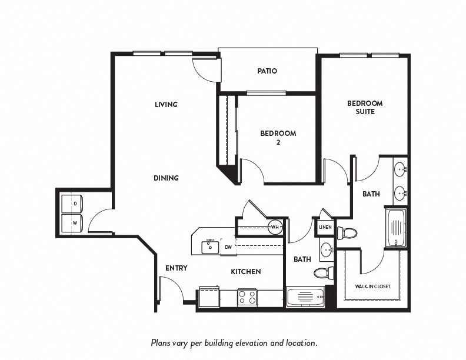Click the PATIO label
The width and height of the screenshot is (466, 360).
point(267,71)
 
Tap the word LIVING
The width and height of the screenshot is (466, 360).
point(166,105)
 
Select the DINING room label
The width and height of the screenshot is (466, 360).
point(166,178)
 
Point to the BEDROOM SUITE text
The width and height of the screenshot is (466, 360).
point(365,107)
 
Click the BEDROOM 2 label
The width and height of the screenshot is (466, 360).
point(278,138)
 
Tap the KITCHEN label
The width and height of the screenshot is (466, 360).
point(245,272)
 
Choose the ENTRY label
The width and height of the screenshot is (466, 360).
point(176,268)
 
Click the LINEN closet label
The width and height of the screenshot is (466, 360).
point(325,227)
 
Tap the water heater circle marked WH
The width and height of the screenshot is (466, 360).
point(275,227)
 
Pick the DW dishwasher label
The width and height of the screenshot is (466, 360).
point(228,247)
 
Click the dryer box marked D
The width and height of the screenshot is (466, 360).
point(75,204)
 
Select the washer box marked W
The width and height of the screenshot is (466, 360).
point(75,223)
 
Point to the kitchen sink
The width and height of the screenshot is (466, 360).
point(210,246)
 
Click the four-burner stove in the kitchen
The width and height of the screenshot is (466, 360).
point(247,296)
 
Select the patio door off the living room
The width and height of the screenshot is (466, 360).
point(206,70)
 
